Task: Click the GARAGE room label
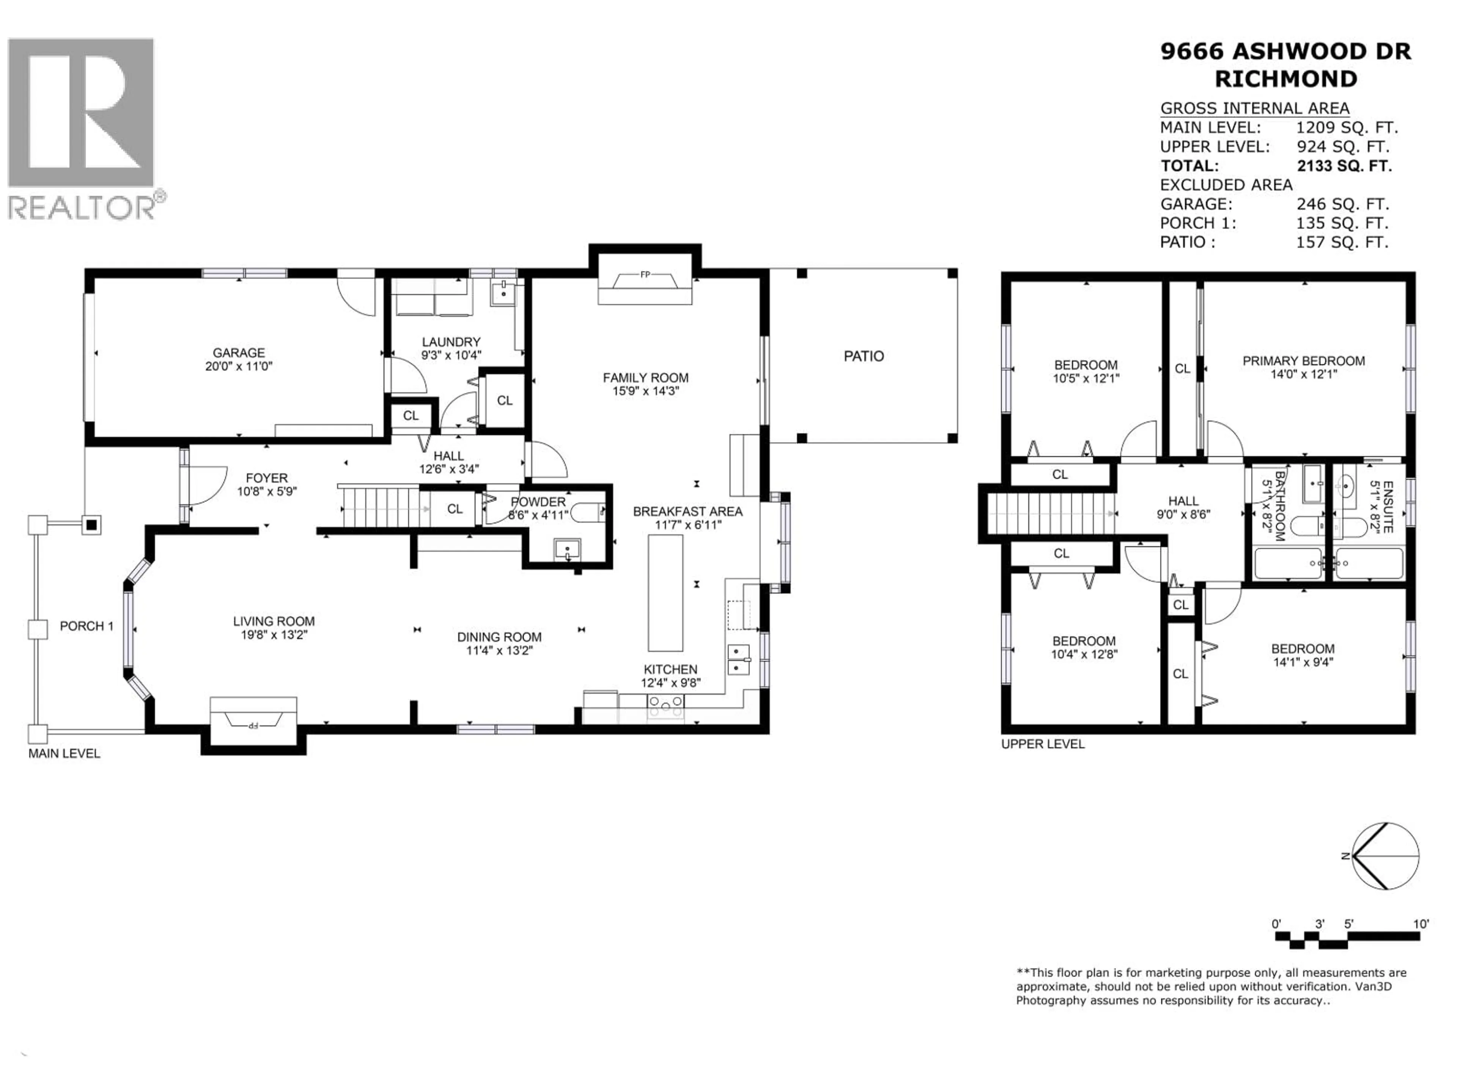[238, 353]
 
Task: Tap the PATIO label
[864, 356]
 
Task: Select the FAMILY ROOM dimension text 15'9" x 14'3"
[645, 391]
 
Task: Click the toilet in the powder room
[587, 511]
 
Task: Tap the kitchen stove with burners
[666, 705]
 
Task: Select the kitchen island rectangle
[665, 592]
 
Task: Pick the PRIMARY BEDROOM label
[1303, 361]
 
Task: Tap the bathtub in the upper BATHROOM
[1288, 563]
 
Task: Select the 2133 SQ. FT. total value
[1344, 166]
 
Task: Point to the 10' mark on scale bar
[1421, 924]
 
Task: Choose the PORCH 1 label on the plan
[86, 626]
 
